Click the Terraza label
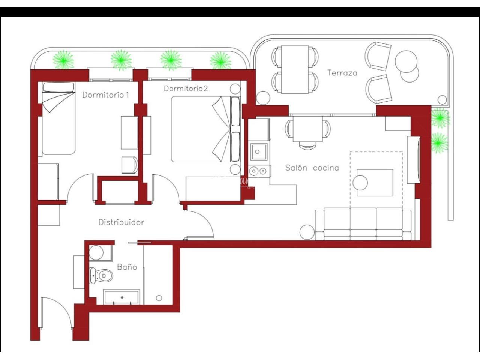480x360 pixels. coord(342,73)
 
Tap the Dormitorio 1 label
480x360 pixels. coord(106,94)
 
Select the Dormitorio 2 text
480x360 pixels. coord(186,88)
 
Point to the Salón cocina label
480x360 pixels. coord(312,168)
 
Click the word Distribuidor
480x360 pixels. coord(121,222)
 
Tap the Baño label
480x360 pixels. coord(127,267)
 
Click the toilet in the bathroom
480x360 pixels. coord(101,276)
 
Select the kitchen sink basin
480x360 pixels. coord(259,152)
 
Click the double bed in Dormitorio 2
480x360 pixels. coord(205,129)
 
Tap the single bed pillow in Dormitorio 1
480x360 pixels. coord(58,87)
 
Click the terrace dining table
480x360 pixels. coord(295,69)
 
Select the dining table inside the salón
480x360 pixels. coord(307,129)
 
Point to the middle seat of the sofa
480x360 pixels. coord(363,224)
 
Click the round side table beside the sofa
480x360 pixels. coord(307,232)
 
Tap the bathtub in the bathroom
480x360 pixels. coord(121,297)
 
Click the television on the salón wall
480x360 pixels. coord(414,160)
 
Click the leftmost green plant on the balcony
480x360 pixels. coord(63,60)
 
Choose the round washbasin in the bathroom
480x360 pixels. coord(96,253)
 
